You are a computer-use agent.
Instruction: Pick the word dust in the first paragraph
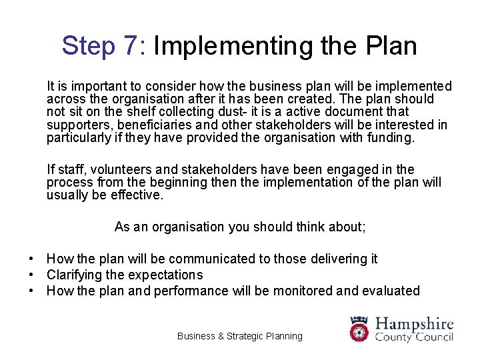click(205, 112)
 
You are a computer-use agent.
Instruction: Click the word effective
click(139, 195)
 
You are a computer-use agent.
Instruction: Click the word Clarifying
click(73, 275)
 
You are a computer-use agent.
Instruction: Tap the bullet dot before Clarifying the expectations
click(31, 275)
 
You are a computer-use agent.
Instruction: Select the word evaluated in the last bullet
click(393, 291)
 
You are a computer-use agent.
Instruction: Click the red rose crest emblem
click(359, 329)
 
